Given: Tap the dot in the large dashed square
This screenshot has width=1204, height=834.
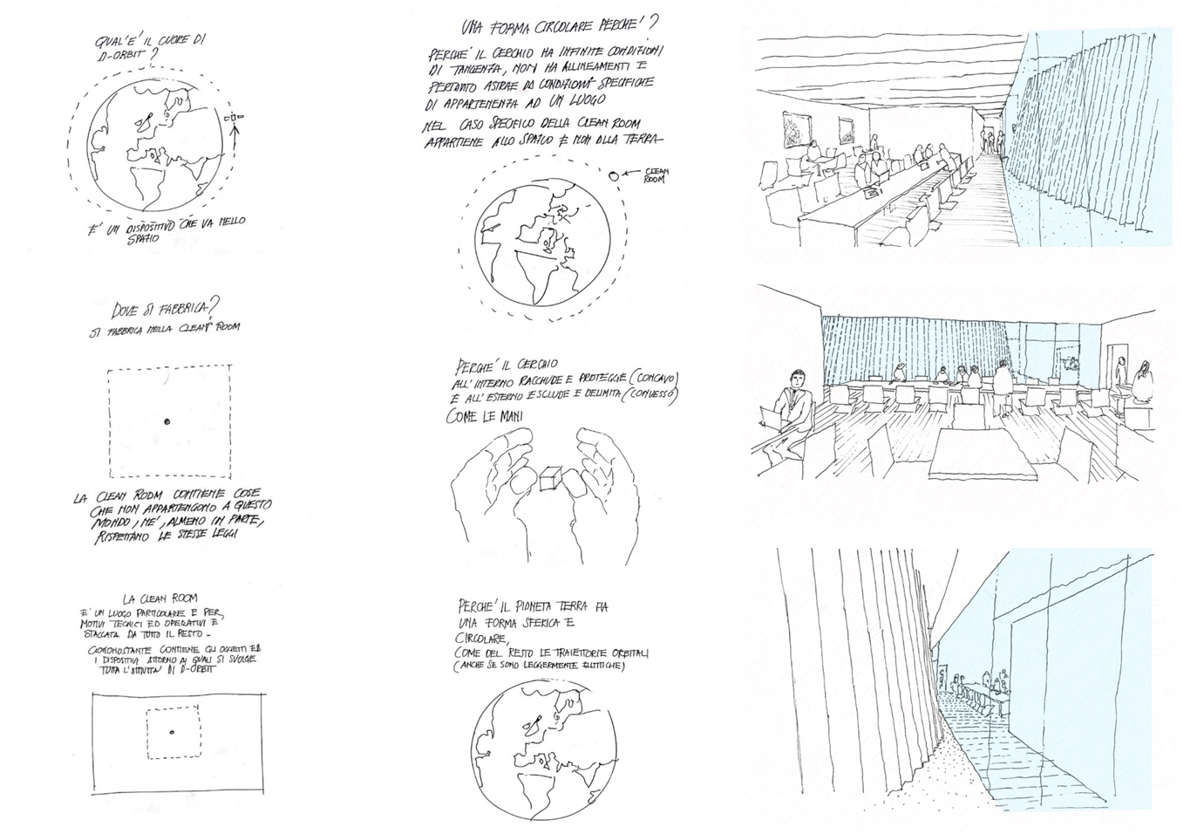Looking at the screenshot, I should click(167, 421).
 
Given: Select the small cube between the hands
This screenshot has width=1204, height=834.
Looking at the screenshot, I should click(549, 479).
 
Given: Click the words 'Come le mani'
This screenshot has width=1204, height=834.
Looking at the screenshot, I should click(485, 417).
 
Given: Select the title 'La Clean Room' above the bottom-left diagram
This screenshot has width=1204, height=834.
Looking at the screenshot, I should click(160, 598).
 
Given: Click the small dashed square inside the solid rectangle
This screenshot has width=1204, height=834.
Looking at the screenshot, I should click(173, 732).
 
